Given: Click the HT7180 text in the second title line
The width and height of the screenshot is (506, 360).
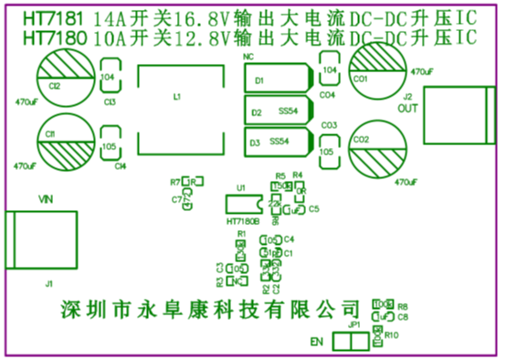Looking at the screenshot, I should [x=48, y=37].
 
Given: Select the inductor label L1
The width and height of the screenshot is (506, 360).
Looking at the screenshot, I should [x=177, y=96].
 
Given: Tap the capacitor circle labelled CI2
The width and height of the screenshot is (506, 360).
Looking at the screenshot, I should [x=63, y=78].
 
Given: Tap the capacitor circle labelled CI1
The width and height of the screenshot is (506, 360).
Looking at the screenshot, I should [x=63, y=141].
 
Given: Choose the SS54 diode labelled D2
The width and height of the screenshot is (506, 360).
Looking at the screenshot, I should [x=278, y=111].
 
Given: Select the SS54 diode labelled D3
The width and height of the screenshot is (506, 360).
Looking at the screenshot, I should [x=278, y=142].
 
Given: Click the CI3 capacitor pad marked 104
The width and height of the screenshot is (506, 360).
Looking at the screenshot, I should [x=109, y=78].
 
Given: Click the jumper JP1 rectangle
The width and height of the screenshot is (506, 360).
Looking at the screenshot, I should [x=351, y=342].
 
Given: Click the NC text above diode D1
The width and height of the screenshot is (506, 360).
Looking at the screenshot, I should [x=248, y=58].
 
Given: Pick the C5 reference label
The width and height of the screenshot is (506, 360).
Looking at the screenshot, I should [x=313, y=209].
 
